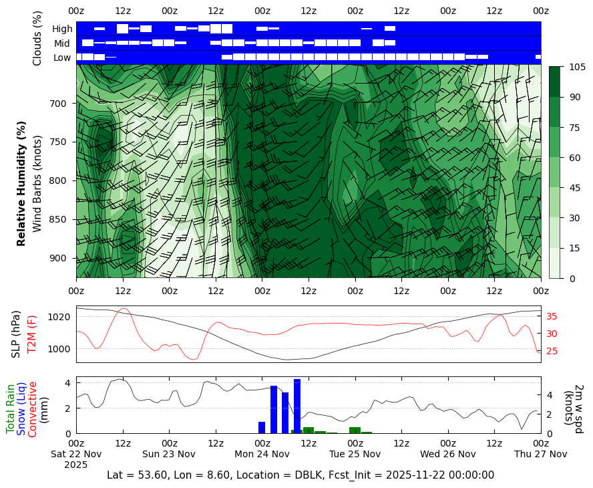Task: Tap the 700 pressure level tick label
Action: [x=58, y=104]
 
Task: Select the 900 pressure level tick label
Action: [x=58, y=259]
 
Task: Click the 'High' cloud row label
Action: [x=62, y=29]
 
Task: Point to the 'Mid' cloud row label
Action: [x=63, y=43]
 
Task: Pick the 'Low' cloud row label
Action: [x=63, y=57]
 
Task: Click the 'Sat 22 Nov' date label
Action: [x=76, y=454]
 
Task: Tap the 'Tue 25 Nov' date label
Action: [x=355, y=454]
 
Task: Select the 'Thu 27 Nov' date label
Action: [x=540, y=454]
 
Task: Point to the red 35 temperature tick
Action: [x=552, y=317]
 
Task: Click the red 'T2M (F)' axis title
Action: [x=31, y=334]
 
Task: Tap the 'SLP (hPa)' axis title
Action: [x=17, y=334]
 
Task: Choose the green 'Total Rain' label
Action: [x=11, y=408]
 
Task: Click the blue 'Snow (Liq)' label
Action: [x=21, y=408]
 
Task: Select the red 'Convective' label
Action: [x=33, y=408]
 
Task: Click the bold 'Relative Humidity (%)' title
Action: [x=22, y=183]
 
